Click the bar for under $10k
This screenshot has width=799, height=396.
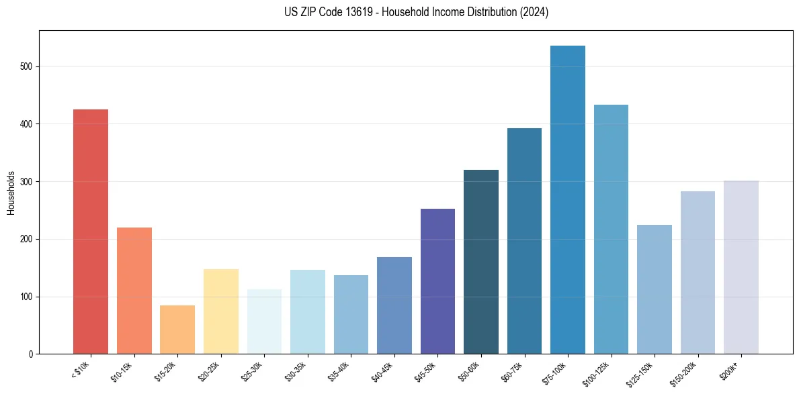pos(91,232)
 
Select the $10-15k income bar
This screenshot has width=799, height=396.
pos(134,291)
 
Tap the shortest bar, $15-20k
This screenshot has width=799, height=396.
pos(177,330)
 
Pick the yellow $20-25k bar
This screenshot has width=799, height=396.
pos(220,311)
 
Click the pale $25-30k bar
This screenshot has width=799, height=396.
pos(264,321)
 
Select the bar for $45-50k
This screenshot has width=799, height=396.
pos(437,281)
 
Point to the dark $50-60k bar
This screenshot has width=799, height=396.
pos(481,262)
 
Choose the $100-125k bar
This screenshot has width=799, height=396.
pos(611,229)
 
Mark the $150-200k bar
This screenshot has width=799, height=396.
pos(698,273)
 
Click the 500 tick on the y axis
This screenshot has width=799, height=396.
pos(26,67)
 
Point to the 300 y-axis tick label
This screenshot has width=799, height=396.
pos(26,182)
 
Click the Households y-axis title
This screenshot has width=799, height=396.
pos(11,193)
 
